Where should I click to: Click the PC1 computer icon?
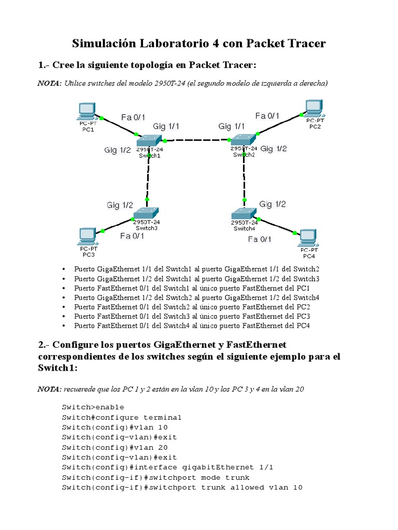tap(86, 111)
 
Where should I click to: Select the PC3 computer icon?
tap(87, 237)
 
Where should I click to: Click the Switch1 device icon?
tap(149, 141)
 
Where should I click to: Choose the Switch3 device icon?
tap(147, 213)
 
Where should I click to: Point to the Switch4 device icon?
tap(243, 213)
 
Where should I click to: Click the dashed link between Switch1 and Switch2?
tap(197, 140)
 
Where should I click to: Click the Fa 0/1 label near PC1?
tap(133, 117)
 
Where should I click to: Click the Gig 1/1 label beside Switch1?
tap(166, 126)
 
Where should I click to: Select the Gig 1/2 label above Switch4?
tap(273, 204)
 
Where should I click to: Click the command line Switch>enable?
tap(93, 407)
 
